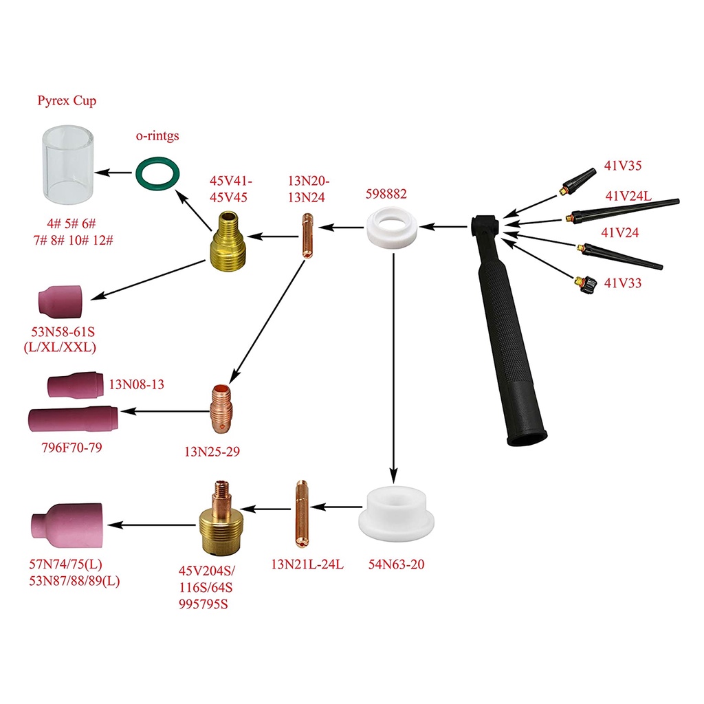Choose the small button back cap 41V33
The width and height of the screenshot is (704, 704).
(x=583, y=280)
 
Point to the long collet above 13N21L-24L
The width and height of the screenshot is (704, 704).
(x=300, y=509)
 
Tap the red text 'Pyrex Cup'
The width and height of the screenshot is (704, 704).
(x=67, y=101)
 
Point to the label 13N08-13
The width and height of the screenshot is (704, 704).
(x=136, y=385)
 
